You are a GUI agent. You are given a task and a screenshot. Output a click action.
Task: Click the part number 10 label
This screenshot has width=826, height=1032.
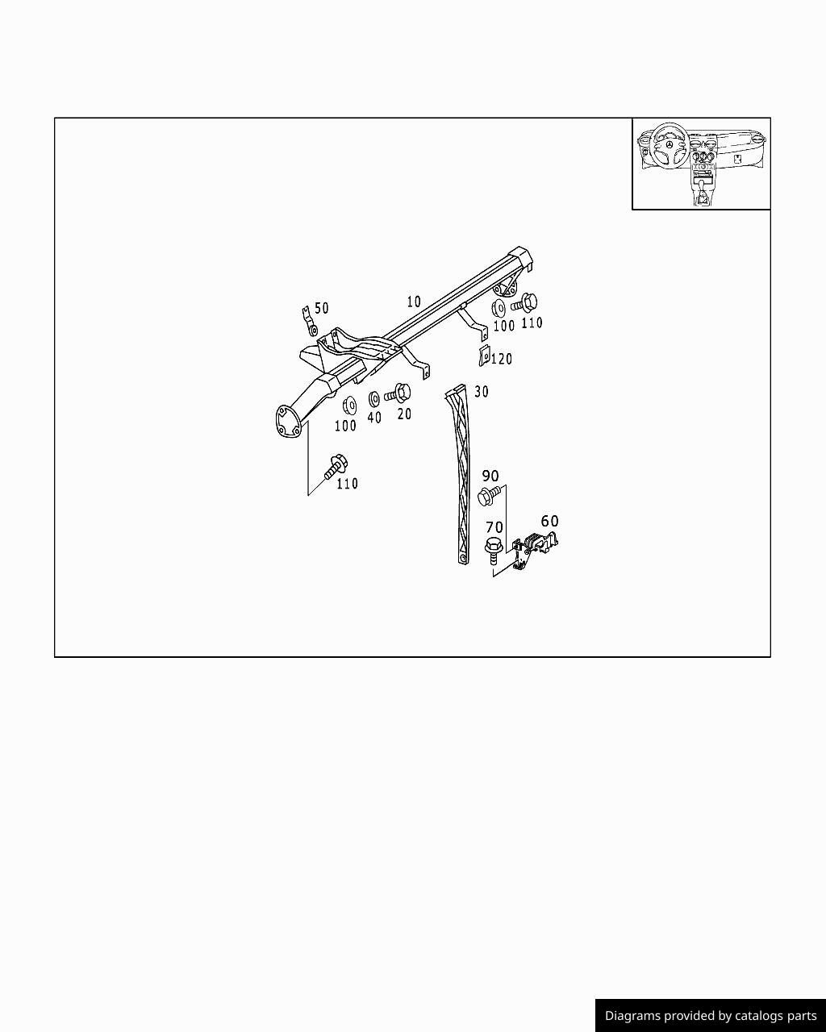(414, 302)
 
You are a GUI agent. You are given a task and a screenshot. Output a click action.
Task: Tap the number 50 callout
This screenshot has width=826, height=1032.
(322, 308)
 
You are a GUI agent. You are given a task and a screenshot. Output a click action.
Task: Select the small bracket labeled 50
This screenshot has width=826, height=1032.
(309, 322)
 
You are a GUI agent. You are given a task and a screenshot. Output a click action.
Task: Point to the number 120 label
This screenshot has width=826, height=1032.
(501, 359)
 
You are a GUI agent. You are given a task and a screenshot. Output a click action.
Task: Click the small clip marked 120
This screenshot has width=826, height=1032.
(484, 356)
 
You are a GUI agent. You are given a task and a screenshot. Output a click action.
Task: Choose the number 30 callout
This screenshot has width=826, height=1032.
(481, 392)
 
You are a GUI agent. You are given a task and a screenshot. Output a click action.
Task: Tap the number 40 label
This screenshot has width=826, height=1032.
(374, 418)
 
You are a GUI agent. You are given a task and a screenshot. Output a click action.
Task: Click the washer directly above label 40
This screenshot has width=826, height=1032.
(374, 399)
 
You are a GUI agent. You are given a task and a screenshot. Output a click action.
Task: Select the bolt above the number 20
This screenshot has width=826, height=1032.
(398, 393)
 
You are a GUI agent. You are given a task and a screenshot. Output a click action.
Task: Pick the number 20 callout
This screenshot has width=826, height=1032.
(404, 414)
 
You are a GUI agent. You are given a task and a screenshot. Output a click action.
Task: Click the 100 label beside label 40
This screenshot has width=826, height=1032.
(345, 426)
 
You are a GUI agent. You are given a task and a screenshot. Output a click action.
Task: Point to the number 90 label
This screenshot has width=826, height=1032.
(490, 476)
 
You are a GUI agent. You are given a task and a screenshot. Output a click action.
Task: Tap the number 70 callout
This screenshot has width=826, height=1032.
(494, 527)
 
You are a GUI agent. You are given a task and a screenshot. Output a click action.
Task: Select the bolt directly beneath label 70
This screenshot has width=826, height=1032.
(492, 551)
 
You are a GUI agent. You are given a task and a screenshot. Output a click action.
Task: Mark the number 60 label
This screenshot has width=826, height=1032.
(549, 520)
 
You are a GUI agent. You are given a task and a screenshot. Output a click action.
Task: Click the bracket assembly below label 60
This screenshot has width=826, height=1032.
(534, 551)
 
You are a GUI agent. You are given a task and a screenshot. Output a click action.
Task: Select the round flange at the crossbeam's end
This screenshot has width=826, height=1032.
(289, 422)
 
